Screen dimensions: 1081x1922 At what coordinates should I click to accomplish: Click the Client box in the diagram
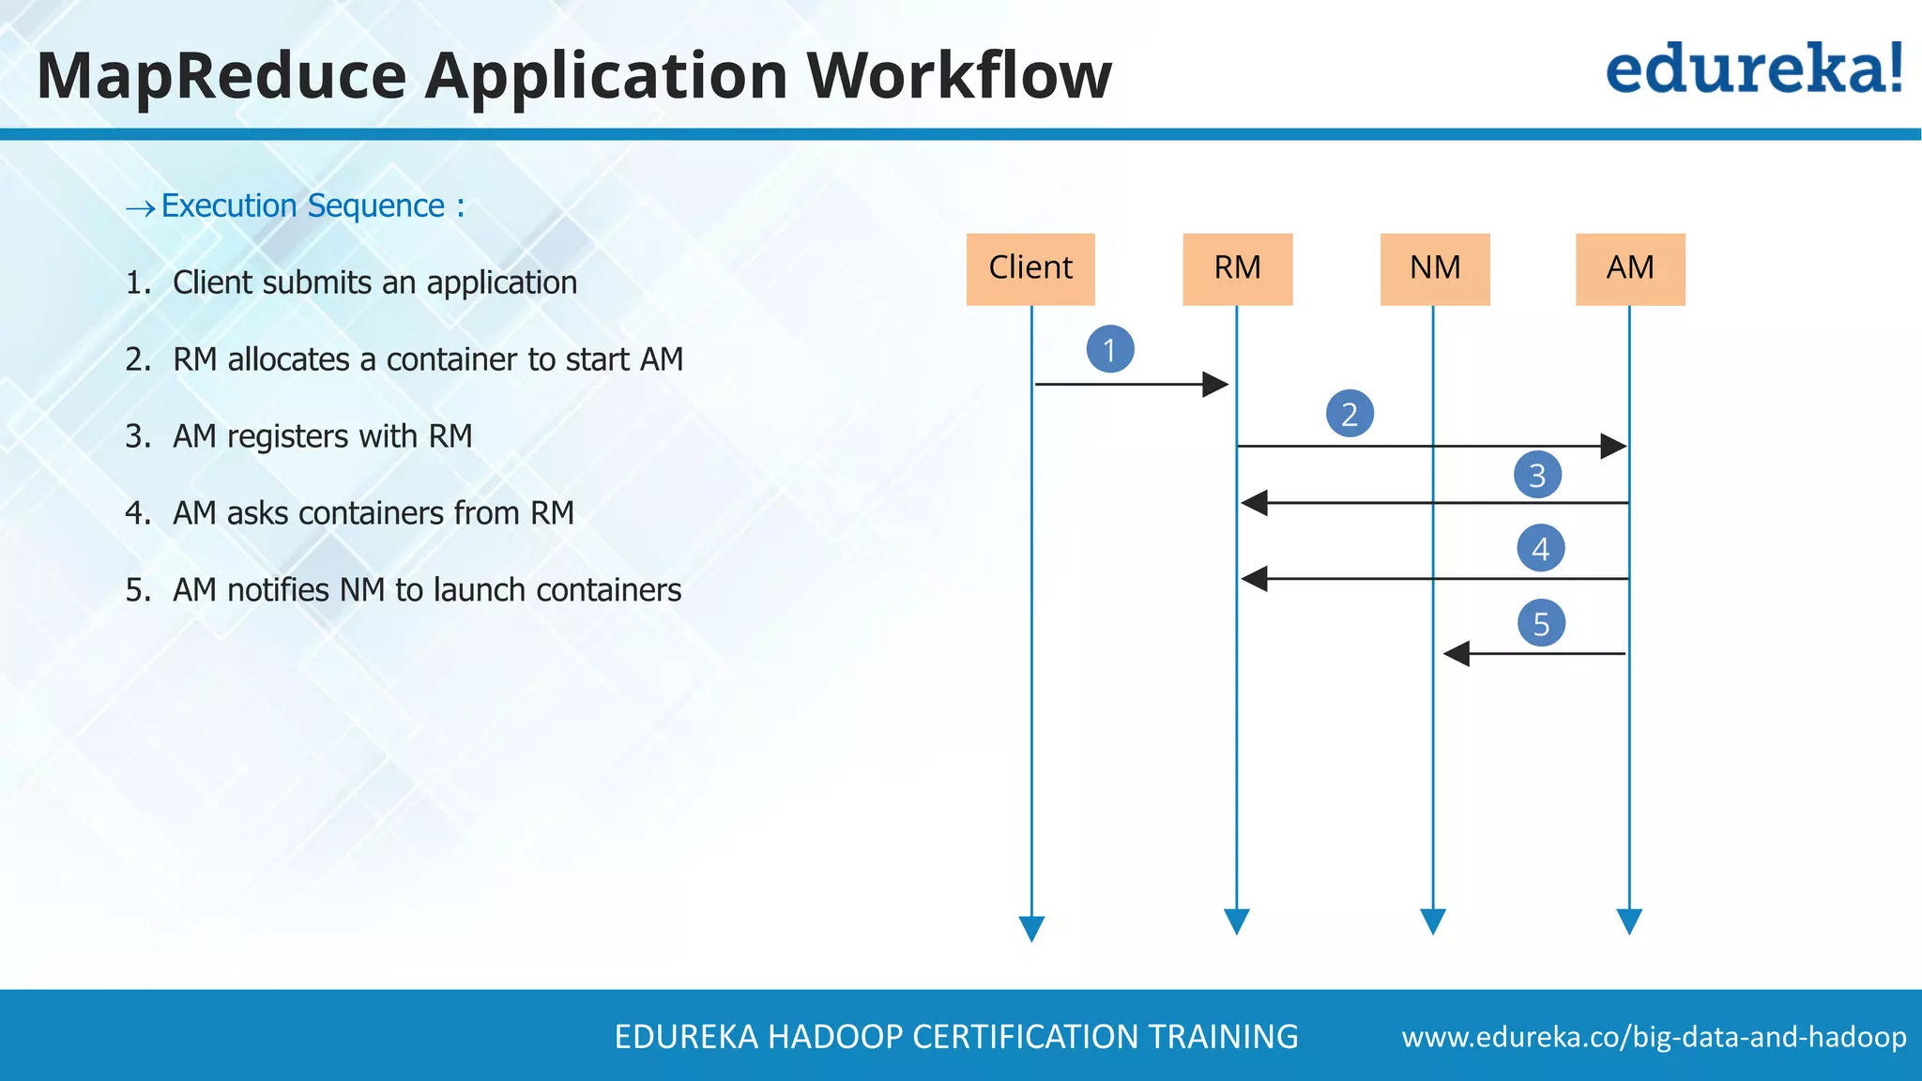click(x=1030, y=269)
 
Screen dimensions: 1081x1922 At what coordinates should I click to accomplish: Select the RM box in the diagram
click(x=1237, y=269)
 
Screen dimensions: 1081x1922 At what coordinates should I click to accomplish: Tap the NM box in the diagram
click(x=1435, y=269)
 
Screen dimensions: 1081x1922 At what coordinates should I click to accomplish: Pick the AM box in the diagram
click(x=1630, y=269)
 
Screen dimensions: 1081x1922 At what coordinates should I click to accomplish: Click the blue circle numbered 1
click(x=1110, y=349)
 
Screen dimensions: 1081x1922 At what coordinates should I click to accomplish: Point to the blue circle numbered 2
click(x=1350, y=414)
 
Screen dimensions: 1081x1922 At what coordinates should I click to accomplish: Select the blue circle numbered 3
click(x=1537, y=475)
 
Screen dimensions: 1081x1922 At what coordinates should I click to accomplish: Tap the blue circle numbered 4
click(x=1540, y=548)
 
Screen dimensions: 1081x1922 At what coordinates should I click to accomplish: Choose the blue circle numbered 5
click(x=1541, y=623)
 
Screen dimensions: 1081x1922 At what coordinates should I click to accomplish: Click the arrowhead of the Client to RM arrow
click(x=1215, y=384)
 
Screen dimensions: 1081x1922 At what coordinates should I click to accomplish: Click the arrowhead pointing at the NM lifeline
click(x=1456, y=653)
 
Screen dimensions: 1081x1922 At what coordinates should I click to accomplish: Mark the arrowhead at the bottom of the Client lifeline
click(x=1031, y=929)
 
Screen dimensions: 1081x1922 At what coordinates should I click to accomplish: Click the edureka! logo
click(x=1753, y=69)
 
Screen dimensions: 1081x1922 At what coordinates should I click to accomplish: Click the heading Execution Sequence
click(x=313, y=206)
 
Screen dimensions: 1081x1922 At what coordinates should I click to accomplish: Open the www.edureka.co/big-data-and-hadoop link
click(x=1654, y=1037)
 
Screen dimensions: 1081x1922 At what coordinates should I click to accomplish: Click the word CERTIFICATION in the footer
click(x=1025, y=1037)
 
